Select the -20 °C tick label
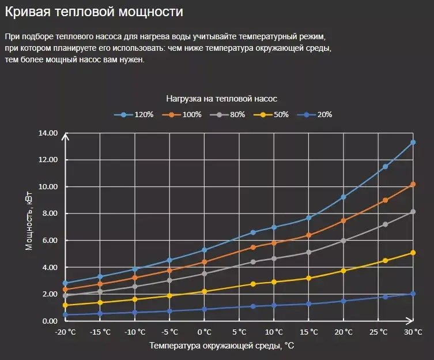(65, 332)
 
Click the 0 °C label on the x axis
(205, 332)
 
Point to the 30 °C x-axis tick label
(413, 332)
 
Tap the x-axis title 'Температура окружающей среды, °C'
(222, 346)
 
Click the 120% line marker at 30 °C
(413, 142)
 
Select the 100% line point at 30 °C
(413, 184)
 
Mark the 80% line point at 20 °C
(344, 241)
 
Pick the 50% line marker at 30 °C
(413, 253)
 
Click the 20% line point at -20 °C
(66, 314)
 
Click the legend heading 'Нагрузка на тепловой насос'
(222, 99)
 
